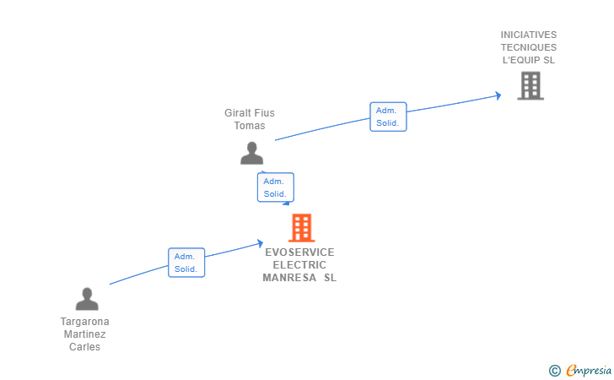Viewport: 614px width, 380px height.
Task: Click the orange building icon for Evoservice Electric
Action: (302, 227)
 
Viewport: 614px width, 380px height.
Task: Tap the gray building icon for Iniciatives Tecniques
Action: (531, 85)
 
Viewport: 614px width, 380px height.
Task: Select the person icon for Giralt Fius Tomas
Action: (252, 153)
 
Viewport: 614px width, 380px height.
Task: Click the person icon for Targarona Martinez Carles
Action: (87, 299)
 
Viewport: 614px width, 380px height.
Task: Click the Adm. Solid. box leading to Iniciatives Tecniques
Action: (388, 117)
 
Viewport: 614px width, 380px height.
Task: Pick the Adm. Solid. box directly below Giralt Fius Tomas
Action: (275, 187)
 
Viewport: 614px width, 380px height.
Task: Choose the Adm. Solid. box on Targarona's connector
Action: (186, 263)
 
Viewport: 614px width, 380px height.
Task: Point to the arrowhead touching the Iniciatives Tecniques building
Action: (498, 95)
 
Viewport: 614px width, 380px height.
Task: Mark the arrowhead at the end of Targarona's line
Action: (260, 243)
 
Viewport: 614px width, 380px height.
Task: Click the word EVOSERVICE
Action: (299, 252)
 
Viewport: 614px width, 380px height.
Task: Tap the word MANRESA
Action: (289, 278)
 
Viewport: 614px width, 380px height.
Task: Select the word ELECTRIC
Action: (299, 265)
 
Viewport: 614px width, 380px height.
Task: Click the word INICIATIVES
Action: (529, 35)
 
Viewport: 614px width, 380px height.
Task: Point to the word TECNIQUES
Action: (529, 47)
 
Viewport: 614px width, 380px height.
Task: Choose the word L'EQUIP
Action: (521, 60)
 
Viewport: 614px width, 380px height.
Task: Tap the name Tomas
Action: (250, 126)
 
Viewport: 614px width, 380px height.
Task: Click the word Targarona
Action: (84, 322)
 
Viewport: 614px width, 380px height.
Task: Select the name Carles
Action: (84, 347)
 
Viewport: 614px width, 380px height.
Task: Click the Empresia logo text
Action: (589, 370)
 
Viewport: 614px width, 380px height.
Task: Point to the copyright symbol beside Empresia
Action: (554, 371)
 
